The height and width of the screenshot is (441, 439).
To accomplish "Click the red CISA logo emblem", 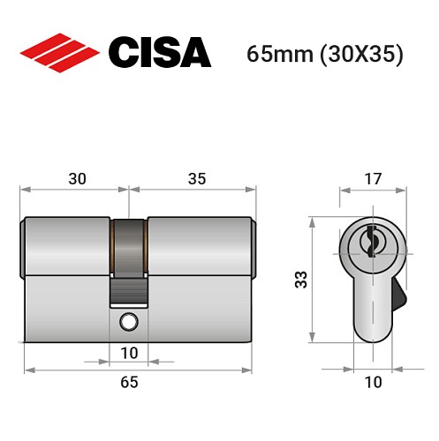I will pos(59,54).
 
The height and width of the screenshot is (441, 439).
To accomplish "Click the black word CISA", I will pos(159,54).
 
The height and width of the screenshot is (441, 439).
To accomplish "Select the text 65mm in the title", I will pos(276,55).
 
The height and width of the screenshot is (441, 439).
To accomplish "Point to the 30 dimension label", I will pos(77,179).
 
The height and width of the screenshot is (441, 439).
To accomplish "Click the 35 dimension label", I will pos(196,179).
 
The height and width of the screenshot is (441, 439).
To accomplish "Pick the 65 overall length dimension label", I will pos(129,382).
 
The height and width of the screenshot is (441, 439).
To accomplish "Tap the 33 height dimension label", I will pos(300,281).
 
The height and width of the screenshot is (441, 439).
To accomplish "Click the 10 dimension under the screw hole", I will pos(129,353).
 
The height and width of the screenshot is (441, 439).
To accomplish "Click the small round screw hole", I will pos(129,321).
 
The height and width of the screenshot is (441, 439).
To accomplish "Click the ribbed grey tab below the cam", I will pos(129,288).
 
